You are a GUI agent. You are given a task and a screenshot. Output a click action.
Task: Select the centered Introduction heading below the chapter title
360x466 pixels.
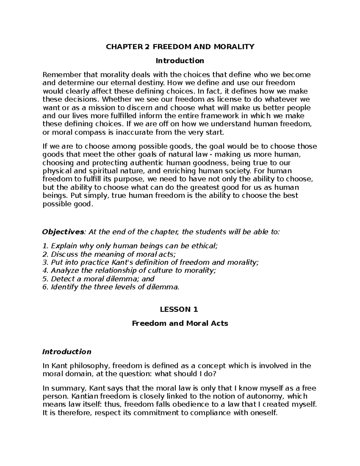[180, 61]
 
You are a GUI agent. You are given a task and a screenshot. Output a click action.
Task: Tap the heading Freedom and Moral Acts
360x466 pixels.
[180, 323]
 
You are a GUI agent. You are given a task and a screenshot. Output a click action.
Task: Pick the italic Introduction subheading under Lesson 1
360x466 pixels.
[67, 351]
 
